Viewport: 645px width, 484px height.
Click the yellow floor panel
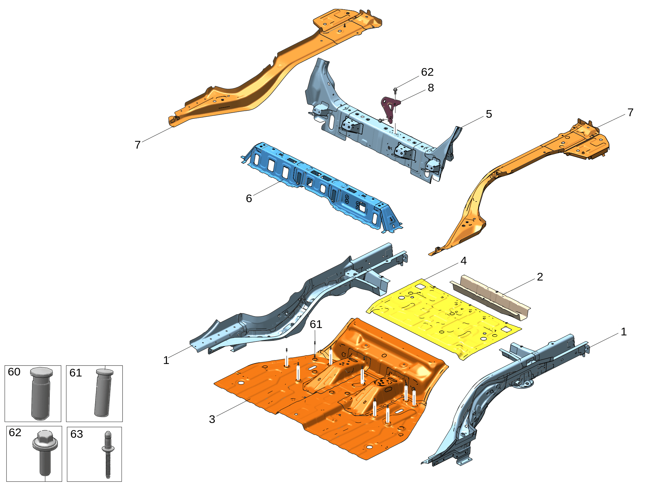coord(444,318)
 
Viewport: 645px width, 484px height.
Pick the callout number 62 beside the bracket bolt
coord(427,72)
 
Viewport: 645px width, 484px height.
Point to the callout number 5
coord(489,114)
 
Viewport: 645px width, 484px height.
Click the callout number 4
coord(463,261)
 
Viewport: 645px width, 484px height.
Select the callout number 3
coord(212,419)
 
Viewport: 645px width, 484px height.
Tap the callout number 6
coord(249,198)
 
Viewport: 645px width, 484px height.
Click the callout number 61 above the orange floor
coord(316,324)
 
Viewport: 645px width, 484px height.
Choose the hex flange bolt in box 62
coord(45,453)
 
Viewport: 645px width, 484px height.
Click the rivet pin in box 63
coord(108,454)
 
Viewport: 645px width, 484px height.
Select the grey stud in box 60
coord(41,393)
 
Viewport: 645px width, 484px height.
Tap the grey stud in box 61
coord(104,393)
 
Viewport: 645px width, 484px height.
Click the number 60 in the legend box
coord(14,372)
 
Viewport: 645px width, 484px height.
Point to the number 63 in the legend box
coord(77,434)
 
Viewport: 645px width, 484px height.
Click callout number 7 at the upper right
coord(630,112)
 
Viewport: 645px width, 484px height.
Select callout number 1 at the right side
coord(623,332)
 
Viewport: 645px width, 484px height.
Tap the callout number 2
coord(540,277)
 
